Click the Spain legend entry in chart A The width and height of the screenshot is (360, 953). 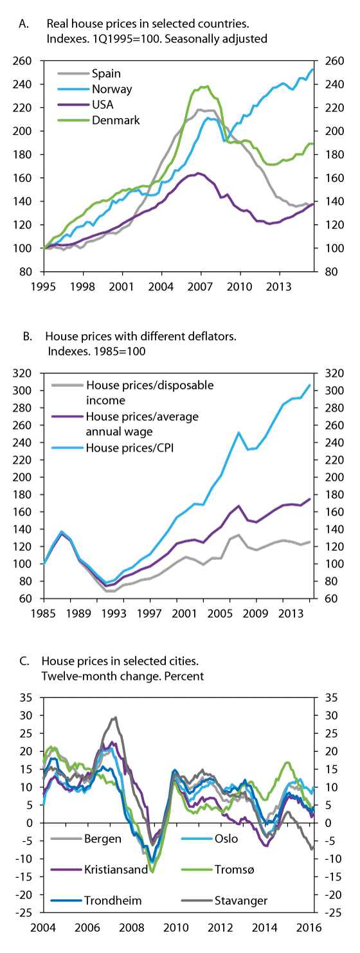pyautogui.click(x=107, y=74)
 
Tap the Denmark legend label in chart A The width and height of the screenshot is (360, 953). pyautogui.click(x=114, y=120)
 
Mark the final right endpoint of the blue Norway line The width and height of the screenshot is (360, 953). pyautogui.click(x=312, y=69)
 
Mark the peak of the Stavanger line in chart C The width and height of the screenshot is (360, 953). pyautogui.click(x=115, y=718)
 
